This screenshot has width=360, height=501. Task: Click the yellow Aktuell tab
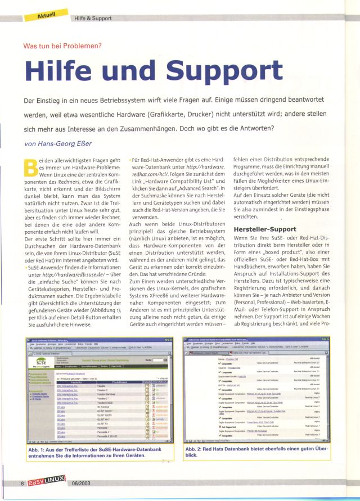point(46,12)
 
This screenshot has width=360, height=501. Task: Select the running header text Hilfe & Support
point(92,19)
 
